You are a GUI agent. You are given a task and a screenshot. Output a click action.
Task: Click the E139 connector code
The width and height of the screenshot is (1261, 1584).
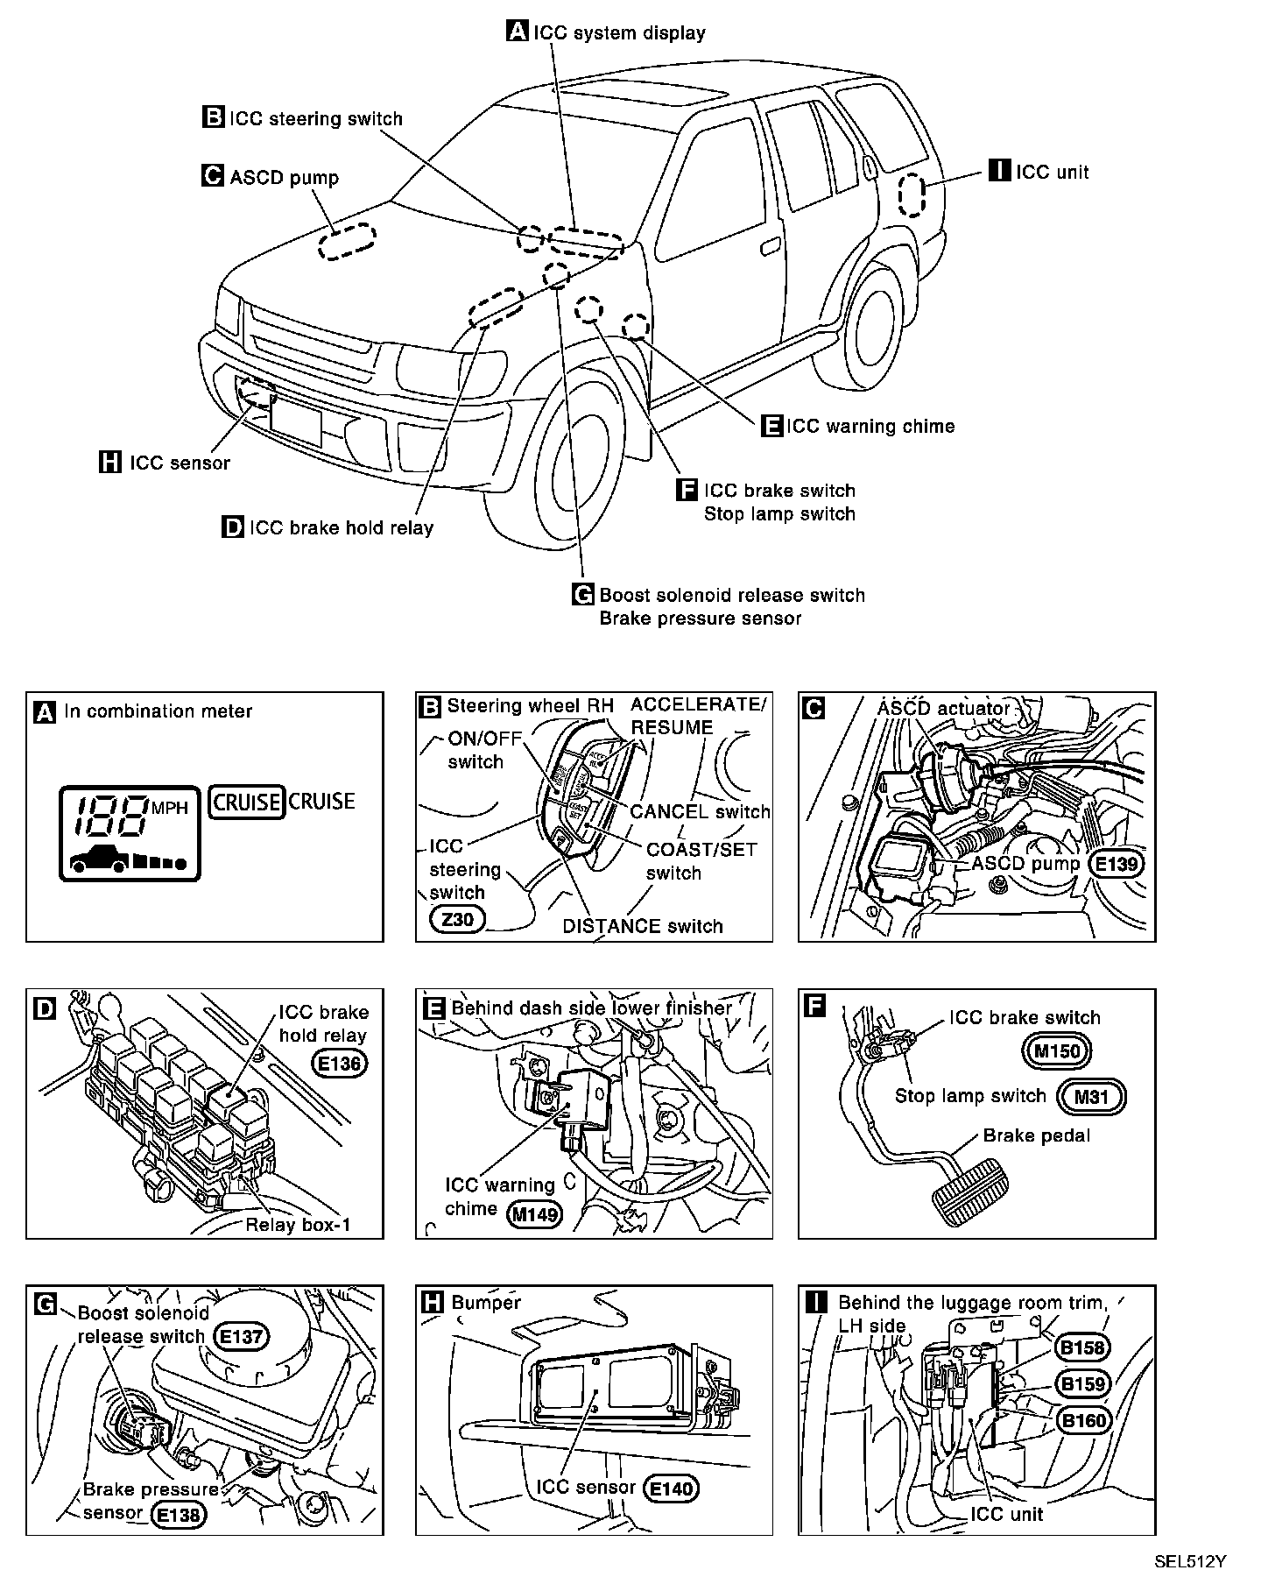pyautogui.click(x=1117, y=864)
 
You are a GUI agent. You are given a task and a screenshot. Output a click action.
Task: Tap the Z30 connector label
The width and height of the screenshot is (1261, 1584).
pyautogui.click(x=458, y=919)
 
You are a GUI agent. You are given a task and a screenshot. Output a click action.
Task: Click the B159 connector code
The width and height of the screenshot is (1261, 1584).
pyautogui.click(x=1083, y=1383)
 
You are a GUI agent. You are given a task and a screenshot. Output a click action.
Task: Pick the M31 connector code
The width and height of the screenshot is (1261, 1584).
pyautogui.click(x=1090, y=1096)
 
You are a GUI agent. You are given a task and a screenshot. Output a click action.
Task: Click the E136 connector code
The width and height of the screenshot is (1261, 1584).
pyautogui.click(x=340, y=1063)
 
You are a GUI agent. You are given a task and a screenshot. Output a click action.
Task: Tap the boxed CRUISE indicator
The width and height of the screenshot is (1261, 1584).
pyautogui.click(x=247, y=802)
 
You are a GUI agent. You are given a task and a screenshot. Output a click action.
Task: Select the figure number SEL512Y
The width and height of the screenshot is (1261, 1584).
pyautogui.click(x=1189, y=1561)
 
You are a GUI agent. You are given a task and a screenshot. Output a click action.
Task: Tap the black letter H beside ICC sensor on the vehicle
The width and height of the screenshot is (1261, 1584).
pyautogui.click(x=109, y=462)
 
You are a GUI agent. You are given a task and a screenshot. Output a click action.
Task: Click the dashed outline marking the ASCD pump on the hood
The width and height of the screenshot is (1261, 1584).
pyautogui.click(x=346, y=241)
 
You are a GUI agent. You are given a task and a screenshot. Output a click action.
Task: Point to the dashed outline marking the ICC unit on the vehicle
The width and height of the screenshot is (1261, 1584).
pyautogui.click(x=912, y=194)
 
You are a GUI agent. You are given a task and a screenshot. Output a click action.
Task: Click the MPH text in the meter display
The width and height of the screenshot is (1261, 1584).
pyautogui.click(x=170, y=808)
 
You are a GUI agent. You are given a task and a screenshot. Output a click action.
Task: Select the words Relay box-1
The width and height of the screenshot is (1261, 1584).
pyautogui.click(x=298, y=1224)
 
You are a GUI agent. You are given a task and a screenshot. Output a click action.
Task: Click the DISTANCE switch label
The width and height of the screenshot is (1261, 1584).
pyautogui.click(x=642, y=926)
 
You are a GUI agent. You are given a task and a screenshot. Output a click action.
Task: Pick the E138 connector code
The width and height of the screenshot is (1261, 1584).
pyautogui.click(x=179, y=1515)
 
